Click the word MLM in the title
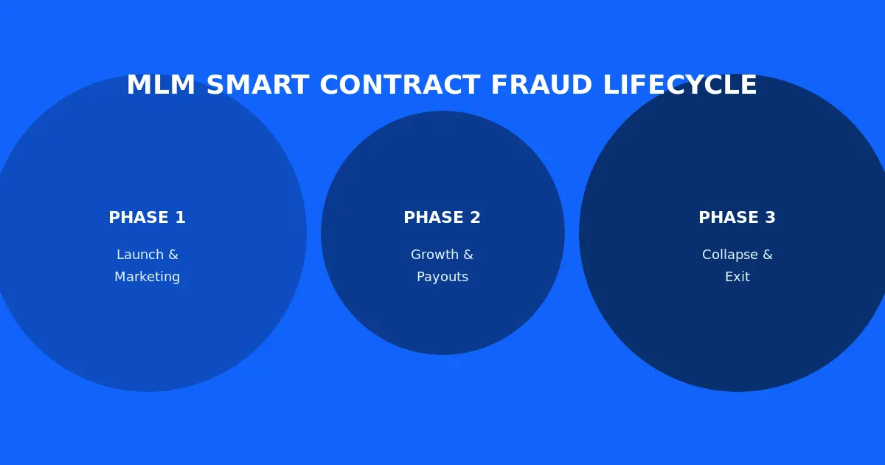[161, 86]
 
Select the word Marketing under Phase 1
[147, 278]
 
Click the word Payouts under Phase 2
[442, 278]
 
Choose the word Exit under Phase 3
[737, 278]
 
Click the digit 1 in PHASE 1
[180, 218]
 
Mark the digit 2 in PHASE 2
[475, 218]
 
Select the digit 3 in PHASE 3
[770, 218]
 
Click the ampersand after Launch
[173, 255]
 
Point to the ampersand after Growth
[468, 255]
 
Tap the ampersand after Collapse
[767, 255]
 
